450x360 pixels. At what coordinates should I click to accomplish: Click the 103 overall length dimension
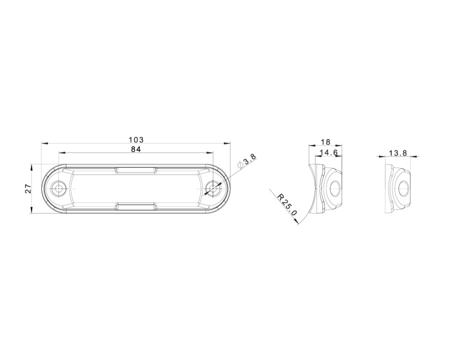coord(136,140)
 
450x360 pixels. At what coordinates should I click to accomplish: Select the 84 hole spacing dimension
coord(136,149)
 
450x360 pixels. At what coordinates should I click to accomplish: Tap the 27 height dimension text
coord(28,188)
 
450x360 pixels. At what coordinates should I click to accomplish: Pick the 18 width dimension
coord(325,142)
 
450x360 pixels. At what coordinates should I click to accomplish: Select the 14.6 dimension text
coord(329,152)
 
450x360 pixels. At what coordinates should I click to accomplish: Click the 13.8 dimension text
coord(398,153)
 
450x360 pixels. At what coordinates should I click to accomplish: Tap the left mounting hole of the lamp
coord(59,188)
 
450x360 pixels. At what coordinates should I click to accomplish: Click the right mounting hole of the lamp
coord(213,188)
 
